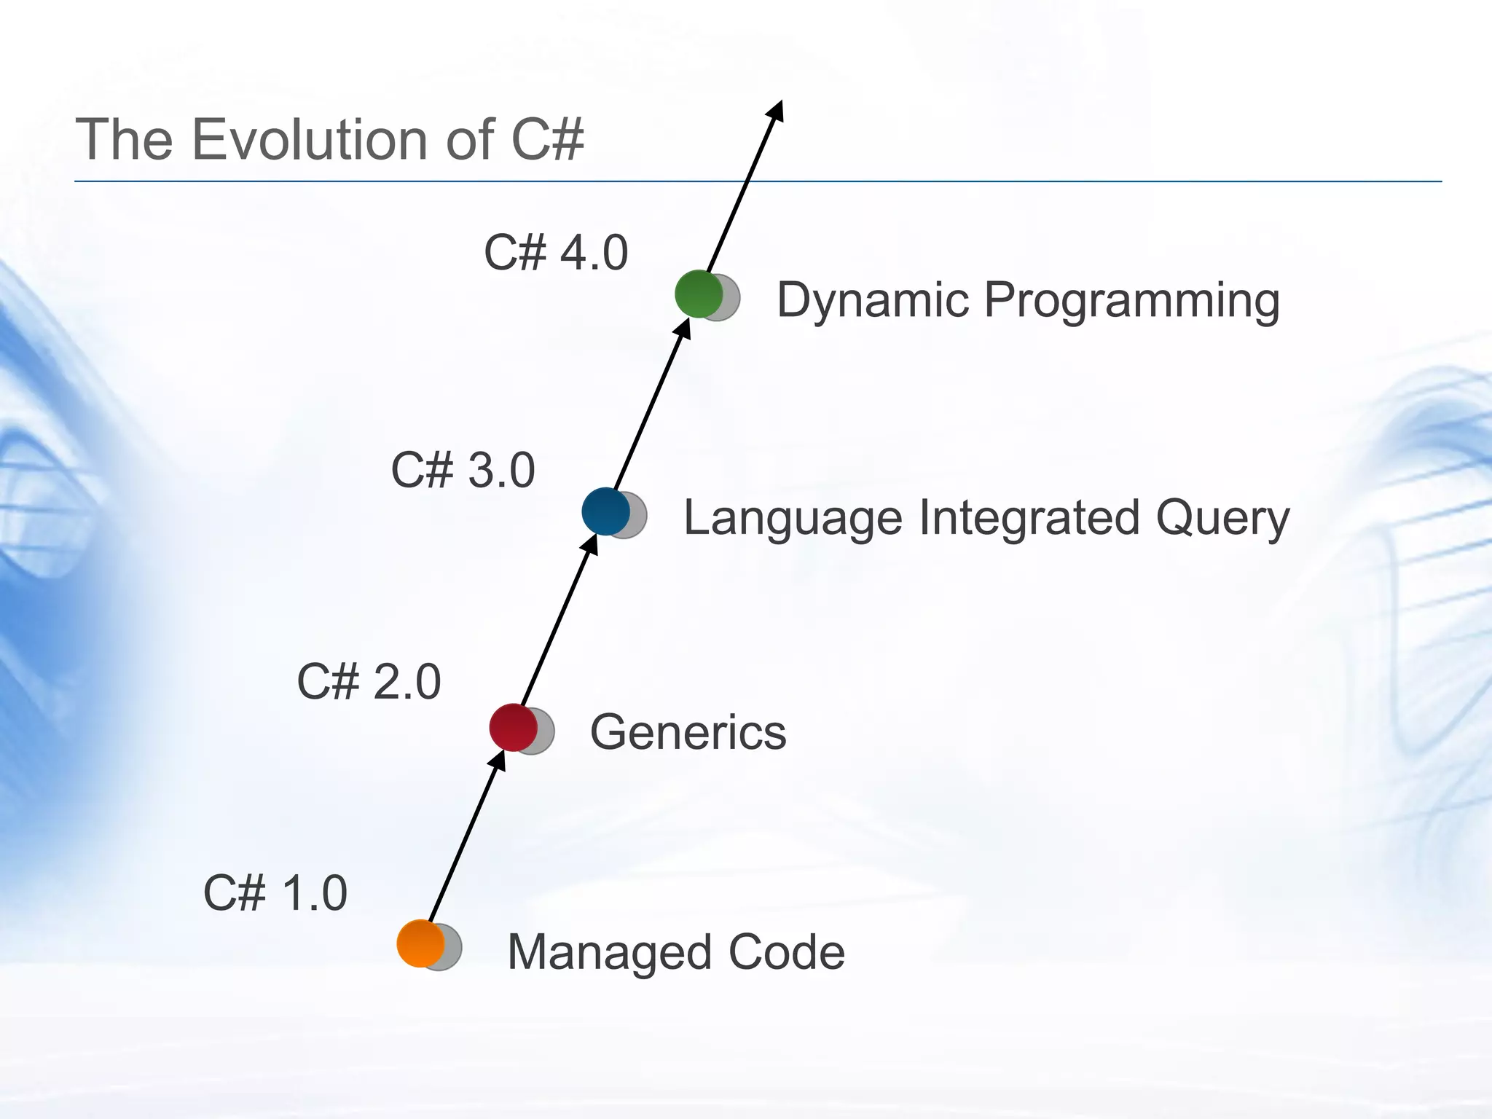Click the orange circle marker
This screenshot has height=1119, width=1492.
point(421,943)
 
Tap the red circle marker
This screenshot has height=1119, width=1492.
point(514,727)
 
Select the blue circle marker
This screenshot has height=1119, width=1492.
point(606,511)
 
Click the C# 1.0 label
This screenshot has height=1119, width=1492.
point(275,893)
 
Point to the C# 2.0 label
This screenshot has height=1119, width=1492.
point(369,682)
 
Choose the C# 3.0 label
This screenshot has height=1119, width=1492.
point(463,470)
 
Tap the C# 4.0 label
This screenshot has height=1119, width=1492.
point(556,253)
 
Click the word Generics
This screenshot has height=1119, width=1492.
point(688,731)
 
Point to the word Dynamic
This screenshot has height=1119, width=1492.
point(873,300)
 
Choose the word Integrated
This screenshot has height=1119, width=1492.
point(1029,519)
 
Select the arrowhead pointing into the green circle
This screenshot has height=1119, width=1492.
point(683,328)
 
